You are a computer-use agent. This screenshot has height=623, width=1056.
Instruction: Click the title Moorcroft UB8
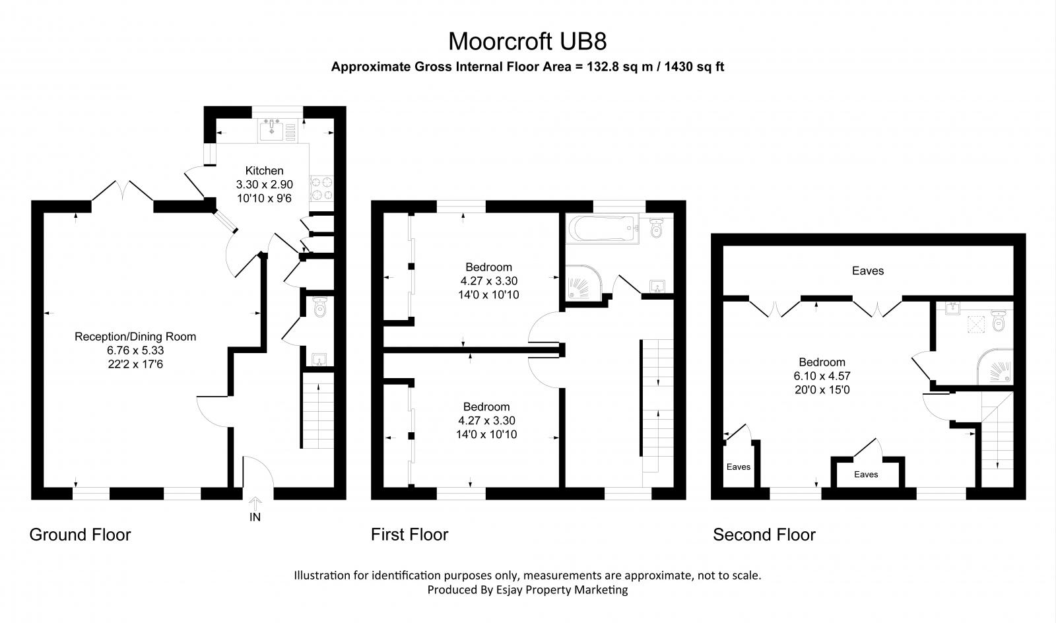[x=527, y=41]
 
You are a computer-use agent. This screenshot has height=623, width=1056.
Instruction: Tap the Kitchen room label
[x=264, y=171]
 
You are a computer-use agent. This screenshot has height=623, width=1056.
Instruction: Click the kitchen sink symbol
[x=272, y=131]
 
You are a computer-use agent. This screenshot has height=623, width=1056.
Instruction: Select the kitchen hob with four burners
[x=321, y=188]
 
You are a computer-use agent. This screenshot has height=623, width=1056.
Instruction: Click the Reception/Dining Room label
[x=135, y=337]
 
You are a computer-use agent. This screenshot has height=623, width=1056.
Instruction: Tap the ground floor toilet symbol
[x=321, y=308]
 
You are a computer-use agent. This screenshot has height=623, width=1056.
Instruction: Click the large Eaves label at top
[x=867, y=271]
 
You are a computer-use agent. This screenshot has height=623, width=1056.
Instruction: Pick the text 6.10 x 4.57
[x=822, y=376]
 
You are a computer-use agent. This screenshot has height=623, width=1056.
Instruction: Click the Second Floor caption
[x=764, y=535]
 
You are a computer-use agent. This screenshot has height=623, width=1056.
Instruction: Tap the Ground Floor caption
[x=80, y=535]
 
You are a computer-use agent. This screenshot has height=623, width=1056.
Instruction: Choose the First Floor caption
[x=409, y=535]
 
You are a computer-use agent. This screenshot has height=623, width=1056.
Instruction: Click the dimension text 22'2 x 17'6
[x=135, y=364]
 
